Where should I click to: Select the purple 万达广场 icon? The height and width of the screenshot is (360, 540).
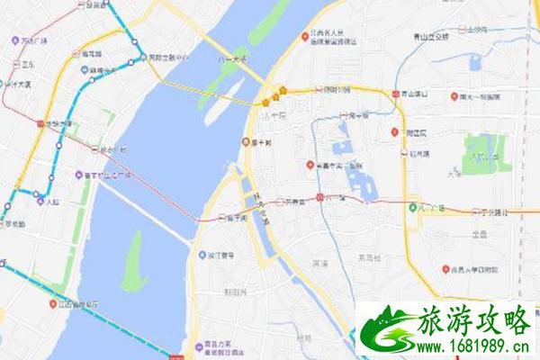coord(15,40)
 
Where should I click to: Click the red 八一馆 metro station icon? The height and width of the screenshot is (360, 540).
coord(320,195)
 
